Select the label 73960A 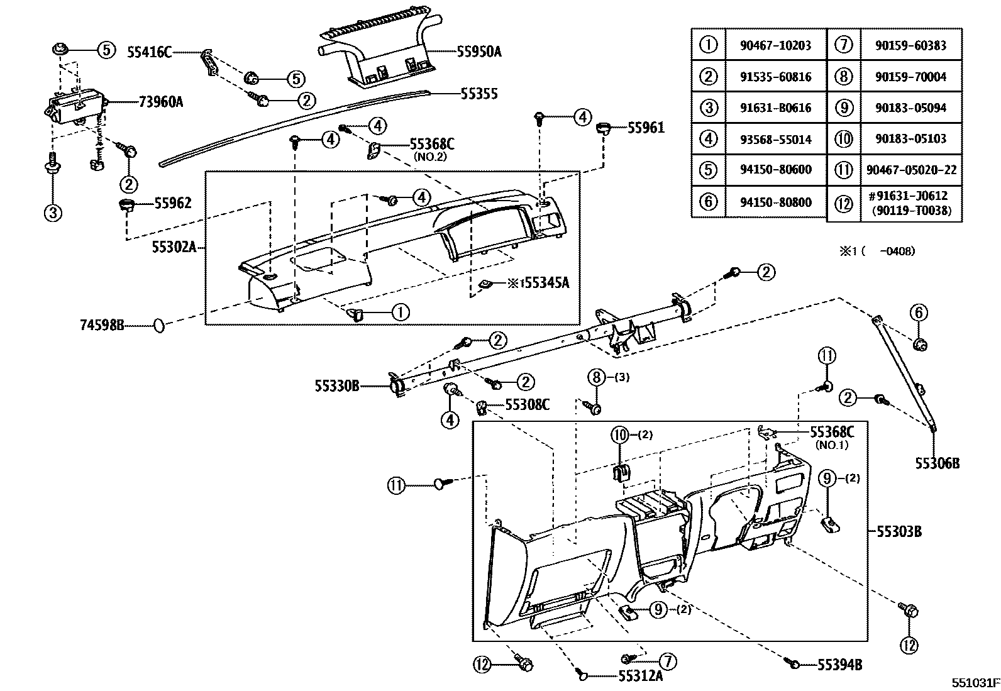[160, 101]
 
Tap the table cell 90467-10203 [775, 45]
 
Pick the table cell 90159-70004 [910, 77]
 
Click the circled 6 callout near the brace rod [918, 312]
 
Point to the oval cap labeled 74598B [158, 325]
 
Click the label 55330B [336, 385]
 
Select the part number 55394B [839, 665]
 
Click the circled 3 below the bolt [53, 213]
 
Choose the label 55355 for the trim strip [478, 94]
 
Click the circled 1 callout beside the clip [401, 311]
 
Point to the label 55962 [173, 203]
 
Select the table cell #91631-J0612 [910, 197]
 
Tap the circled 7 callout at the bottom [667, 661]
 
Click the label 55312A [640, 676]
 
